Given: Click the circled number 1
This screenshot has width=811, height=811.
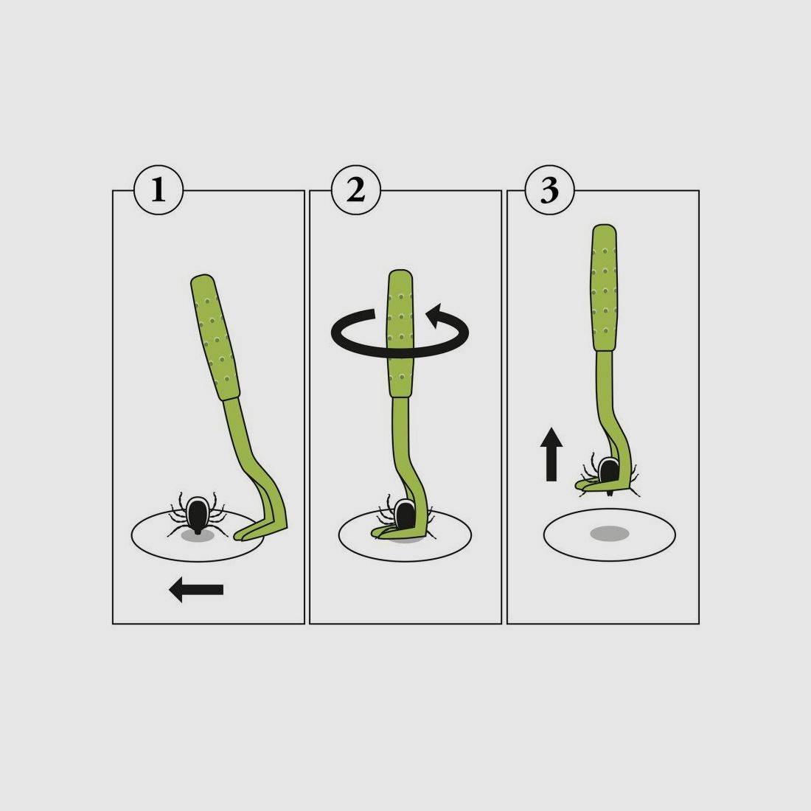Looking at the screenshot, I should (x=158, y=190).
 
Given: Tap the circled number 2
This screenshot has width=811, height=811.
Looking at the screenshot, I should (x=355, y=190).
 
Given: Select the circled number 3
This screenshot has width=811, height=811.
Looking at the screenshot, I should (x=550, y=190).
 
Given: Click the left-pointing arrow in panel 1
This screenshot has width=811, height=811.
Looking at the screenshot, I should (x=195, y=589).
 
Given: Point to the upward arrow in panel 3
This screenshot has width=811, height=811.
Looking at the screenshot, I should (x=551, y=454).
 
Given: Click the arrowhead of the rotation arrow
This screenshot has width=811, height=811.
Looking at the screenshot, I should (x=434, y=315).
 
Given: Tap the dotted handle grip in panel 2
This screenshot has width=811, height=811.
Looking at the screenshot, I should (x=400, y=333).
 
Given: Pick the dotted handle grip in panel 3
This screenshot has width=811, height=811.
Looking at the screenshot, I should (x=604, y=288).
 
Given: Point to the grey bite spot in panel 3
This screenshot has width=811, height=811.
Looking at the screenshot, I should (x=609, y=534).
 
